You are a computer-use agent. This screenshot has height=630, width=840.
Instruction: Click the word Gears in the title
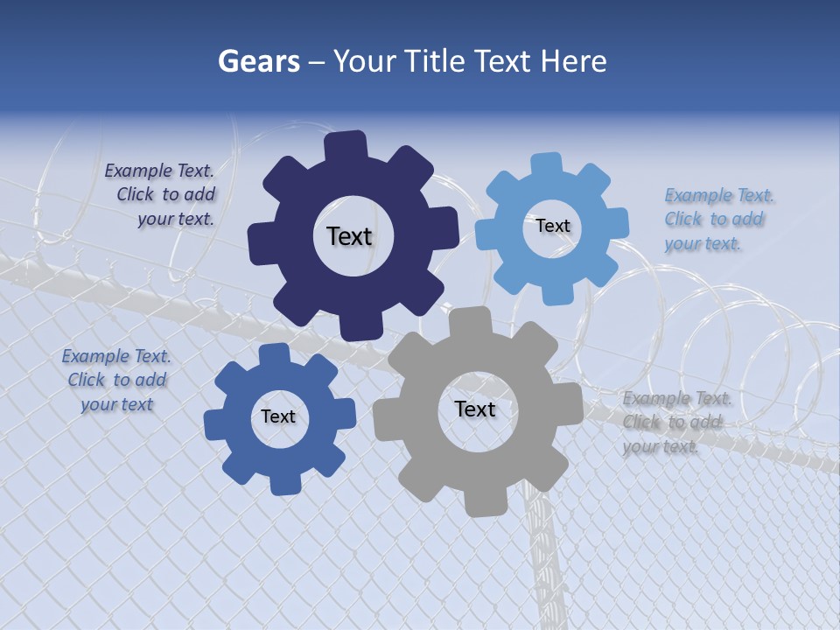(258, 61)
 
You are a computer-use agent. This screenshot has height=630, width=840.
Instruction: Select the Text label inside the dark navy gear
(349, 236)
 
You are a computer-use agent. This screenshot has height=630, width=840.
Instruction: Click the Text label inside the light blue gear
(552, 226)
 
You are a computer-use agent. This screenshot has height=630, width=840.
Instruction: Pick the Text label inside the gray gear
(475, 409)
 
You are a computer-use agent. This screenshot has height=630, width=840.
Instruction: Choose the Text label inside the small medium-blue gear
(278, 417)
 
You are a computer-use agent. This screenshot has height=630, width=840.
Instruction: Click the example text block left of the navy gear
(160, 195)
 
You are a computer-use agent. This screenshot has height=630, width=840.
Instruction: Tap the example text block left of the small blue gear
(116, 381)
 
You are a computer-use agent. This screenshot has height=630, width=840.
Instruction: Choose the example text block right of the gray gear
(675, 423)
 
